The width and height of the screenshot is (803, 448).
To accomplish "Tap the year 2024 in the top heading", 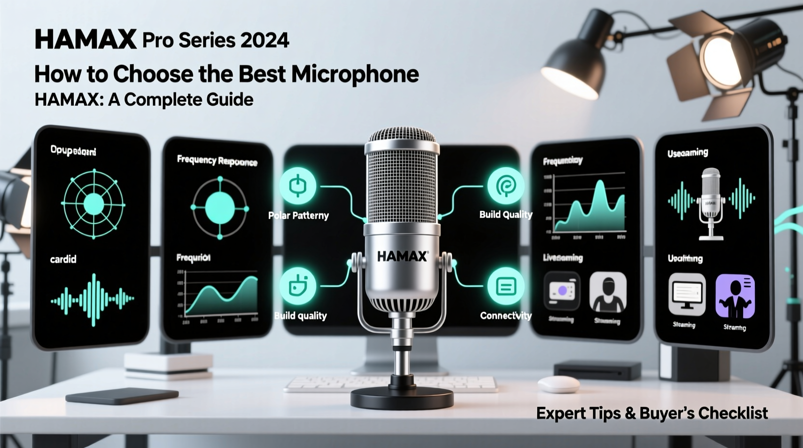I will point(264,40).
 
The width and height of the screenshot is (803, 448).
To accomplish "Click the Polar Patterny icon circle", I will point(298,186).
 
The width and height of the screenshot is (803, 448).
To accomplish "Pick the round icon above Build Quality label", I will point(505,186).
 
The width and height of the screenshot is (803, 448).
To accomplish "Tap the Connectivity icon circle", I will point(505,287).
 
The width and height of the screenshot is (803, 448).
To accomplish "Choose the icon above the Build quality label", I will point(298,286).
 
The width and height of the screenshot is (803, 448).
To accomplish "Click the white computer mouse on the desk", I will point(558,384).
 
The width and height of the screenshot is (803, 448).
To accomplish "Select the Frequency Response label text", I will point(217,160).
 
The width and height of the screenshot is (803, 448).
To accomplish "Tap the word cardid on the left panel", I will point(63,259).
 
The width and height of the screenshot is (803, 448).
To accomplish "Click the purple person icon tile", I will point(735,296).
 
